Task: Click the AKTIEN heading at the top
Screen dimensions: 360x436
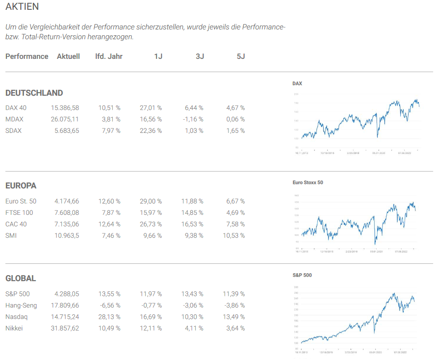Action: click(x=22, y=7)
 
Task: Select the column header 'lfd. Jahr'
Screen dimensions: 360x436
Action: click(x=109, y=56)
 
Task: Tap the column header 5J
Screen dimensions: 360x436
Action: click(x=240, y=56)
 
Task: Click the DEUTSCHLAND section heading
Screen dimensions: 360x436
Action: click(x=34, y=93)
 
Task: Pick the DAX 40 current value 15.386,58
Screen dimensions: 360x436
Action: click(x=65, y=108)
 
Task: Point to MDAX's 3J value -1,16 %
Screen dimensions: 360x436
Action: click(x=194, y=119)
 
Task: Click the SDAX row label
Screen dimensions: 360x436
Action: click(x=14, y=130)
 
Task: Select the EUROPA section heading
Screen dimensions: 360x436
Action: click(x=21, y=185)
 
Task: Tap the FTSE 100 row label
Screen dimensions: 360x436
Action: click(x=19, y=212)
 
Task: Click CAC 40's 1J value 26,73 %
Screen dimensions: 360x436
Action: click(x=150, y=224)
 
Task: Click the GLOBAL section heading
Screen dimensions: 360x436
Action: click(x=21, y=278)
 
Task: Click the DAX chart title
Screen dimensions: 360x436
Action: click(x=297, y=83)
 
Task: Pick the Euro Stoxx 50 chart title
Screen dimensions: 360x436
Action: click(x=308, y=182)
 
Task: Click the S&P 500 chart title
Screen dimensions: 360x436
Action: click(x=302, y=275)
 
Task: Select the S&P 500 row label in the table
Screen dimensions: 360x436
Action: click(x=17, y=294)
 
